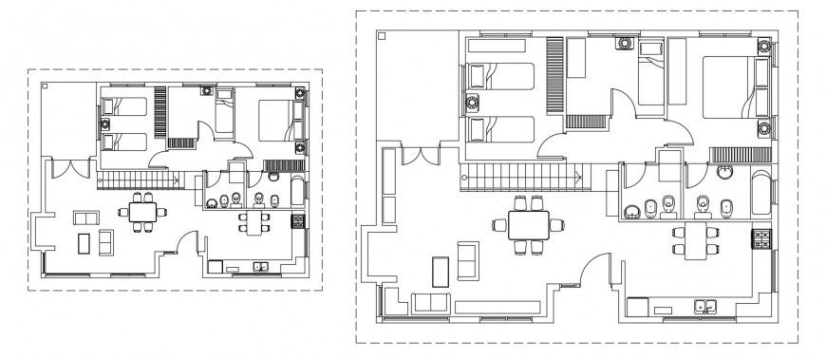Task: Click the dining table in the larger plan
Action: coord(526,225)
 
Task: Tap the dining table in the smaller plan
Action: coord(143,212)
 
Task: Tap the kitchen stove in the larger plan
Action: coord(761,239)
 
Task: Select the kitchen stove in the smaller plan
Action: coord(297,222)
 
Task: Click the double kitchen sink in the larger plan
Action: coord(704,306)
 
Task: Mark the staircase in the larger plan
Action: coord(521,177)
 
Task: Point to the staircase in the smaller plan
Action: coord(140,180)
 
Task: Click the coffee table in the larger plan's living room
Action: coord(440,271)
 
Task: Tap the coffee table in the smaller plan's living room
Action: coord(83,243)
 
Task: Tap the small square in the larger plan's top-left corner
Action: coord(381,36)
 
